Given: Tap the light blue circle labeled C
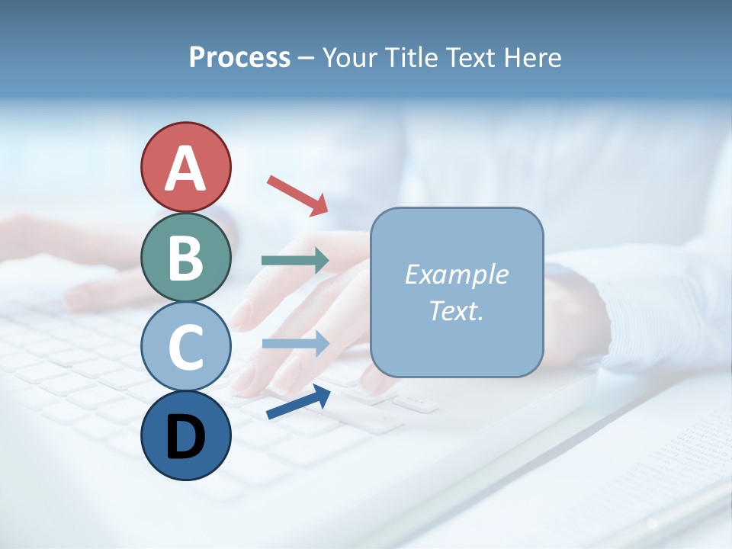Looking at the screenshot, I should click(185, 347).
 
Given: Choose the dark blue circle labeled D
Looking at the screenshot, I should click(185, 435).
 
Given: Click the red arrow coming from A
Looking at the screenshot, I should click(297, 194).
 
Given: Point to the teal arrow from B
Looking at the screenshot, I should click(295, 261).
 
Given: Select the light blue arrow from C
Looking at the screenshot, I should click(295, 344).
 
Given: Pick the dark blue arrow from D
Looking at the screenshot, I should click(298, 403).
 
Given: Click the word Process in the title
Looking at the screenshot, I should click(239, 58).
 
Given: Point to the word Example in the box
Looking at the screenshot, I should click(456, 274).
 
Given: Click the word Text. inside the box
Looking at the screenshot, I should click(456, 311).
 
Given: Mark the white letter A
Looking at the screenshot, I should click(185, 169).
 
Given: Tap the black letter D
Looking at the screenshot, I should click(185, 437).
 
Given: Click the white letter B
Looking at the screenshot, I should click(185, 258).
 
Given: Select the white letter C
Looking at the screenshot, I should click(185, 348).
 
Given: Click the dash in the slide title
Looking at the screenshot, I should click(307, 59).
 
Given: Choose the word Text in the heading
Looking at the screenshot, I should click(471, 58).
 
